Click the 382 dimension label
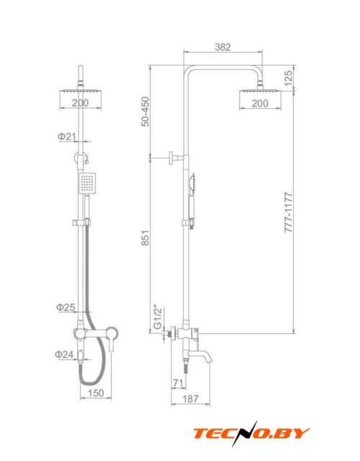coord(222,47)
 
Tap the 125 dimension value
coord(288,78)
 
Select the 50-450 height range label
coord(145,112)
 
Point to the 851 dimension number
coord(145,238)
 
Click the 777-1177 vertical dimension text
coord(289,212)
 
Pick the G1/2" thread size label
coord(158,318)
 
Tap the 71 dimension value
coord(179,382)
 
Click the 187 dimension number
coord(190,398)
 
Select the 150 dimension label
coord(96,393)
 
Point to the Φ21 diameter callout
coord(67,136)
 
